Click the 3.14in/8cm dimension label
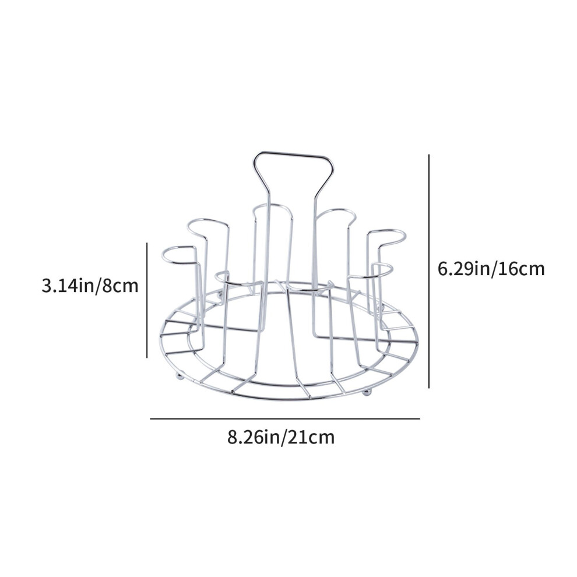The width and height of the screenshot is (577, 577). click(90, 286)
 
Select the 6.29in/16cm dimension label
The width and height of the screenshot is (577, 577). click(491, 269)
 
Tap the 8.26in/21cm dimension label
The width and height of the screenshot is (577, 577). click(281, 438)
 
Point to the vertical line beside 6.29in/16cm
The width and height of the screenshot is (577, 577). click(429, 271)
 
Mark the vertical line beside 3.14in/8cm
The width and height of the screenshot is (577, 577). click(147, 300)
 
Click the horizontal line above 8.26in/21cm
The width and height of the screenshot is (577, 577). click(285, 419)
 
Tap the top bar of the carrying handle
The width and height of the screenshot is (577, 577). click(293, 154)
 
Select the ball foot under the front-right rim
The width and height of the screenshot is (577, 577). click(366, 392)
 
